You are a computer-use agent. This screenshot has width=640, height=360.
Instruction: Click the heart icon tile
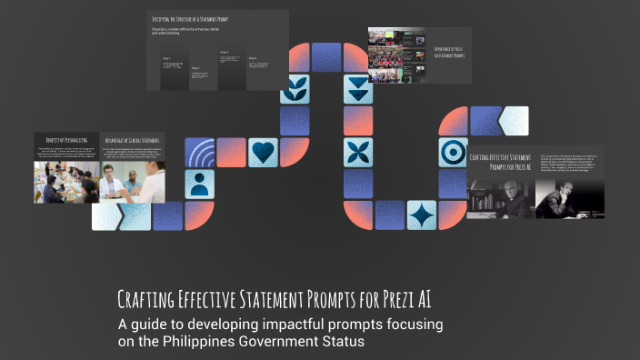(263, 152)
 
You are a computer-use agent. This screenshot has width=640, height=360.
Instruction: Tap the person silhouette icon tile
(200, 184)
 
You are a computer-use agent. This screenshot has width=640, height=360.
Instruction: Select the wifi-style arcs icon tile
(200, 152)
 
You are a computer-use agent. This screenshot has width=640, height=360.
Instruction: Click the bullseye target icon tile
(452, 152)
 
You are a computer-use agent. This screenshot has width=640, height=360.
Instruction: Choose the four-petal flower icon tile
(358, 152)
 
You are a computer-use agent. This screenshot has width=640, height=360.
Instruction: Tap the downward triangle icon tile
(358, 89)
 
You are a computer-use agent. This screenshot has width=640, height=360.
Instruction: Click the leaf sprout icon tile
(295, 89)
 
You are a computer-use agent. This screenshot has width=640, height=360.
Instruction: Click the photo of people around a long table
(66, 183)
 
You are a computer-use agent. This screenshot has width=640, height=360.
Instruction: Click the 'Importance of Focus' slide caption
(448, 52)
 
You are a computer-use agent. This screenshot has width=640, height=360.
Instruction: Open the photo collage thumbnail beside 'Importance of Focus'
(397, 55)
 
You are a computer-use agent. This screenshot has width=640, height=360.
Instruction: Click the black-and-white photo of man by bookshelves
(498, 196)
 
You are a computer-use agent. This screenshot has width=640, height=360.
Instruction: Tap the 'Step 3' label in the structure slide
(224, 52)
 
